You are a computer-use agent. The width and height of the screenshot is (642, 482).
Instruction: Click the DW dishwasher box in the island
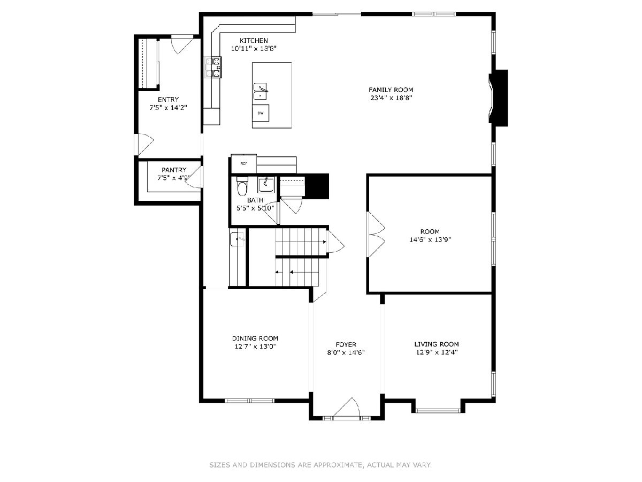pos(261,113)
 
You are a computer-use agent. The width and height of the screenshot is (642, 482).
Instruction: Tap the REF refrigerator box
pos(243,163)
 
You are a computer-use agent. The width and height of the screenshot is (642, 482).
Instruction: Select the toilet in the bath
pos(242,186)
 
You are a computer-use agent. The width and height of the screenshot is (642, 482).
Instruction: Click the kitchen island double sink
pos(261,92)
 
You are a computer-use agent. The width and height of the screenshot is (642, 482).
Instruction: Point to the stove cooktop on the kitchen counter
pos(213,67)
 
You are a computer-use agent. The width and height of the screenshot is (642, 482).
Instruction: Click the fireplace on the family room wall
pos(498,98)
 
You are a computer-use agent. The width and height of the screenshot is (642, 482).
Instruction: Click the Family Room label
pos(391,90)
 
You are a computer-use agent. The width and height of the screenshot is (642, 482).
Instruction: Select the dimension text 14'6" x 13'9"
pos(430,240)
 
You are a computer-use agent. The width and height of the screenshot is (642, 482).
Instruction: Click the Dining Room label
pos(255,338)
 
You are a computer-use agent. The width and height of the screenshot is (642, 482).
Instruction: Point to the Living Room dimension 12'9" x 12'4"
pos(437,352)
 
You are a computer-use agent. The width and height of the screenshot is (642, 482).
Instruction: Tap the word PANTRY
pos(174,170)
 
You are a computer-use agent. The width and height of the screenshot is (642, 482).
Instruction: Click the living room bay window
pos(438,411)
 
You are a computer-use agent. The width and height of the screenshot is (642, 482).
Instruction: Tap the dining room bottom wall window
pos(249,401)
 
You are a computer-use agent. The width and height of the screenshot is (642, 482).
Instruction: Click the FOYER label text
pos(346,344)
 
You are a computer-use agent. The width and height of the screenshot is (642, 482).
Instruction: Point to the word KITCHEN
pos(254,40)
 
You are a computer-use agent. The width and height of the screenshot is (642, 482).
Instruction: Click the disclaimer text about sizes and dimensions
pos(320,464)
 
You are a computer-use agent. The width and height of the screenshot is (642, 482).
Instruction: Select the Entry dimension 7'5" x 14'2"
pos(168,108)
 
